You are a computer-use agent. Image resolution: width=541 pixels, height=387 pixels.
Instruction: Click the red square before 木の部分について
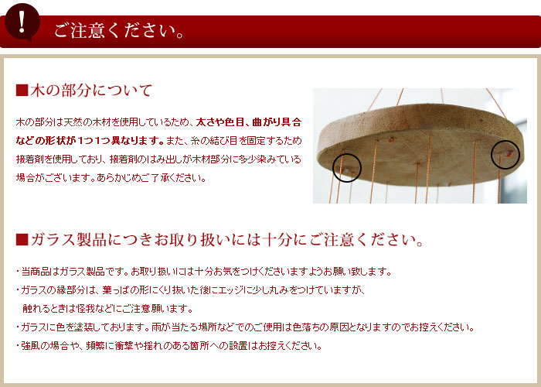click(22, 90)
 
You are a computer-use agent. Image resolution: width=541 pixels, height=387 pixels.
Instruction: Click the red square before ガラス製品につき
click(22, 239)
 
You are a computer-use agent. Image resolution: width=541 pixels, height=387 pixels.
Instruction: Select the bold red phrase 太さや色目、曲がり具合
click(248, 122)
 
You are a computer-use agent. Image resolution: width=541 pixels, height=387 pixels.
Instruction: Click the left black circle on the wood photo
click(346, 166)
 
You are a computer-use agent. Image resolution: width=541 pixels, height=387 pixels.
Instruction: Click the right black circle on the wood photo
click(506, 154)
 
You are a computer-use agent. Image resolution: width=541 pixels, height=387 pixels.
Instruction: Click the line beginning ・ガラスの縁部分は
click(189, 290)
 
